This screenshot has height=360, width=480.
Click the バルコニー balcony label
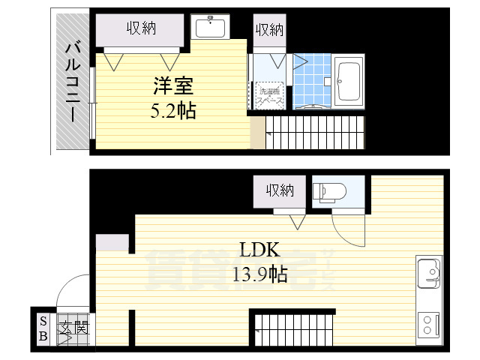click(x=72, y=82)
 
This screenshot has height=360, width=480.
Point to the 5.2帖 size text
click(x=173, y=112)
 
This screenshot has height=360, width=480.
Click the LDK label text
click(x=258, y=249)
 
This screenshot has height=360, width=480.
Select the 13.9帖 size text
click(x=259, y=274)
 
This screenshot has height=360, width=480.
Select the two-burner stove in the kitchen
click(x=430, y=324)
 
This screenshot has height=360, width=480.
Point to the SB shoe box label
click(x=42, y=328)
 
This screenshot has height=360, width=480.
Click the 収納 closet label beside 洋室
click(x=140, y=28)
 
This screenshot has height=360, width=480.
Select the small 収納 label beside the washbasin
click(x=269, y=30)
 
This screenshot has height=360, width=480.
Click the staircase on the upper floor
click(x=315, y=133)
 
